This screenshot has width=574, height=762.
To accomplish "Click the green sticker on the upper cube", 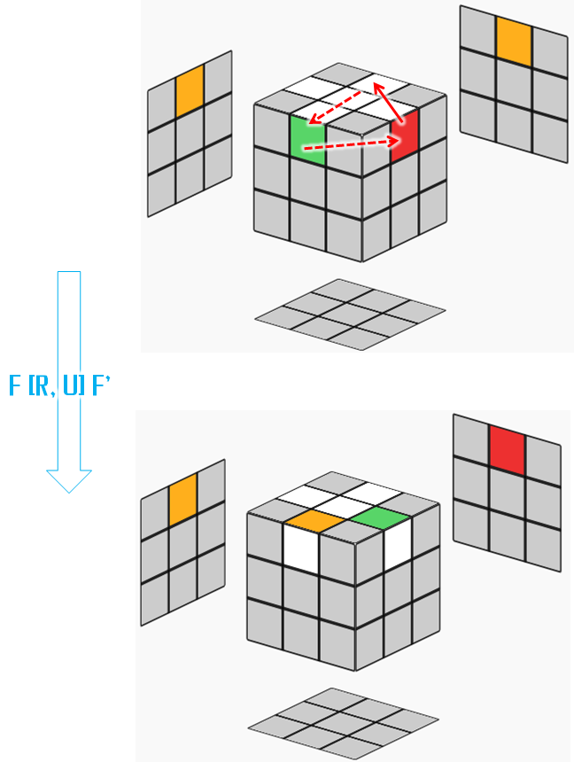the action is pos(307,139).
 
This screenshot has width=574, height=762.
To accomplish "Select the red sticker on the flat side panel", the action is pos(507,450).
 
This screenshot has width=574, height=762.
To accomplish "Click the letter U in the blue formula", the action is pos(70,386).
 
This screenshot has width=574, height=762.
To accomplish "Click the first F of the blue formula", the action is pos(14,386).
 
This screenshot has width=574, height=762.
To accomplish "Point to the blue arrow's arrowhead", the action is pos(69,481).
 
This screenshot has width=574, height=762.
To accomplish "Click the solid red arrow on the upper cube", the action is pos(388,103).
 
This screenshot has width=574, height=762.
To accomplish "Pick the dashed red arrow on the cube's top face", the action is pos(335,107).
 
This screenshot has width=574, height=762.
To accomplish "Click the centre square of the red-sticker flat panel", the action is pos(507,494).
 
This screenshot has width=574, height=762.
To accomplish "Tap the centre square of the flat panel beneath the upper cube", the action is pos(350,315).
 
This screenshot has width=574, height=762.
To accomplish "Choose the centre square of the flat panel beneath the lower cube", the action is pos(343,723).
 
